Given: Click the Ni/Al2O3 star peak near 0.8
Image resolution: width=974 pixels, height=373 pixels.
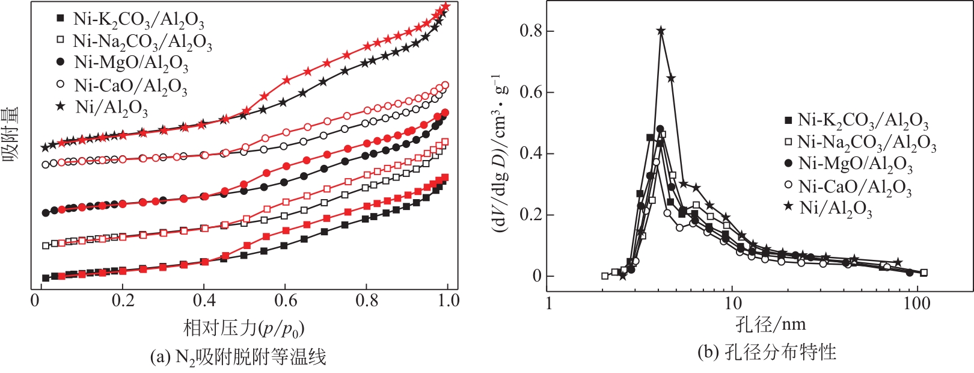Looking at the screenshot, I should point(661,31).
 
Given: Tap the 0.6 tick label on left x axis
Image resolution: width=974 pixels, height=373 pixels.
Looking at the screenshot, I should point(286,300).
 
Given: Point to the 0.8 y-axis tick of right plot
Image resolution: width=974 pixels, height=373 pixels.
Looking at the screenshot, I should point(529,31).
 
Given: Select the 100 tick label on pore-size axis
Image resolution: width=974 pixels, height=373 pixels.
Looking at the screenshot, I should point(916,303).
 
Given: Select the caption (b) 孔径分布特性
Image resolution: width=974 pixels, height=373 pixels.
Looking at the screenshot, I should point(767,352).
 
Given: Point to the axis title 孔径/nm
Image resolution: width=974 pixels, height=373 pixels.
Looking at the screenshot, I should point(770,325).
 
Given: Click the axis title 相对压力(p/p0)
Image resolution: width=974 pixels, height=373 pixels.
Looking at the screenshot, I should point(243,328).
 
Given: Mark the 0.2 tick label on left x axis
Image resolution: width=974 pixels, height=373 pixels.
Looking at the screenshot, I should point(122,300).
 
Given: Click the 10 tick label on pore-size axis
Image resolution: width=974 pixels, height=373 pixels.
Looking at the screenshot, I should point(732,303).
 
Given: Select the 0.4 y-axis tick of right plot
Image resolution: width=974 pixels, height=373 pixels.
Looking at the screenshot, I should point(529,153).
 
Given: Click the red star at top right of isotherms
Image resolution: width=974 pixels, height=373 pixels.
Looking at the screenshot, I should point(446,7).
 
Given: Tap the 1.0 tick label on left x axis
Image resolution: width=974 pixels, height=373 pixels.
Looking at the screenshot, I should point(448,300).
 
